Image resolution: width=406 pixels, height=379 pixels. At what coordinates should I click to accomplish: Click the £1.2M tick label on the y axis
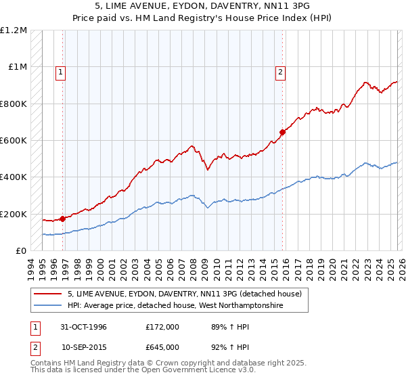point(14,30)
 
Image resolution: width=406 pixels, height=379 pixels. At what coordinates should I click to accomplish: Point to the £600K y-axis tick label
point(14,141)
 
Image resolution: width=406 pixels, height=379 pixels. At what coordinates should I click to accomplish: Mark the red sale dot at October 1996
point(62,219)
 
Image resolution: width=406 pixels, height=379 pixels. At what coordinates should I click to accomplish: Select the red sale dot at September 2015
point(282,132)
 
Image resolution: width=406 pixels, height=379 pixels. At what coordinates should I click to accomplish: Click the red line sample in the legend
point(48,294)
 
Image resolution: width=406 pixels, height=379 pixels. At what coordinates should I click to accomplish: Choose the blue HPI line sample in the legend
point(48,306)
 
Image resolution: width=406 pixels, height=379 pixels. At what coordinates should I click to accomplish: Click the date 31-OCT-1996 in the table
point(85,327)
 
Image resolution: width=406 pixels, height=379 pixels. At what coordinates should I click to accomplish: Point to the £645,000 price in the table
point(162,346)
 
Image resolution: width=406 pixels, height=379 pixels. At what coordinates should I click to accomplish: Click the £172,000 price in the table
point(162,327)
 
